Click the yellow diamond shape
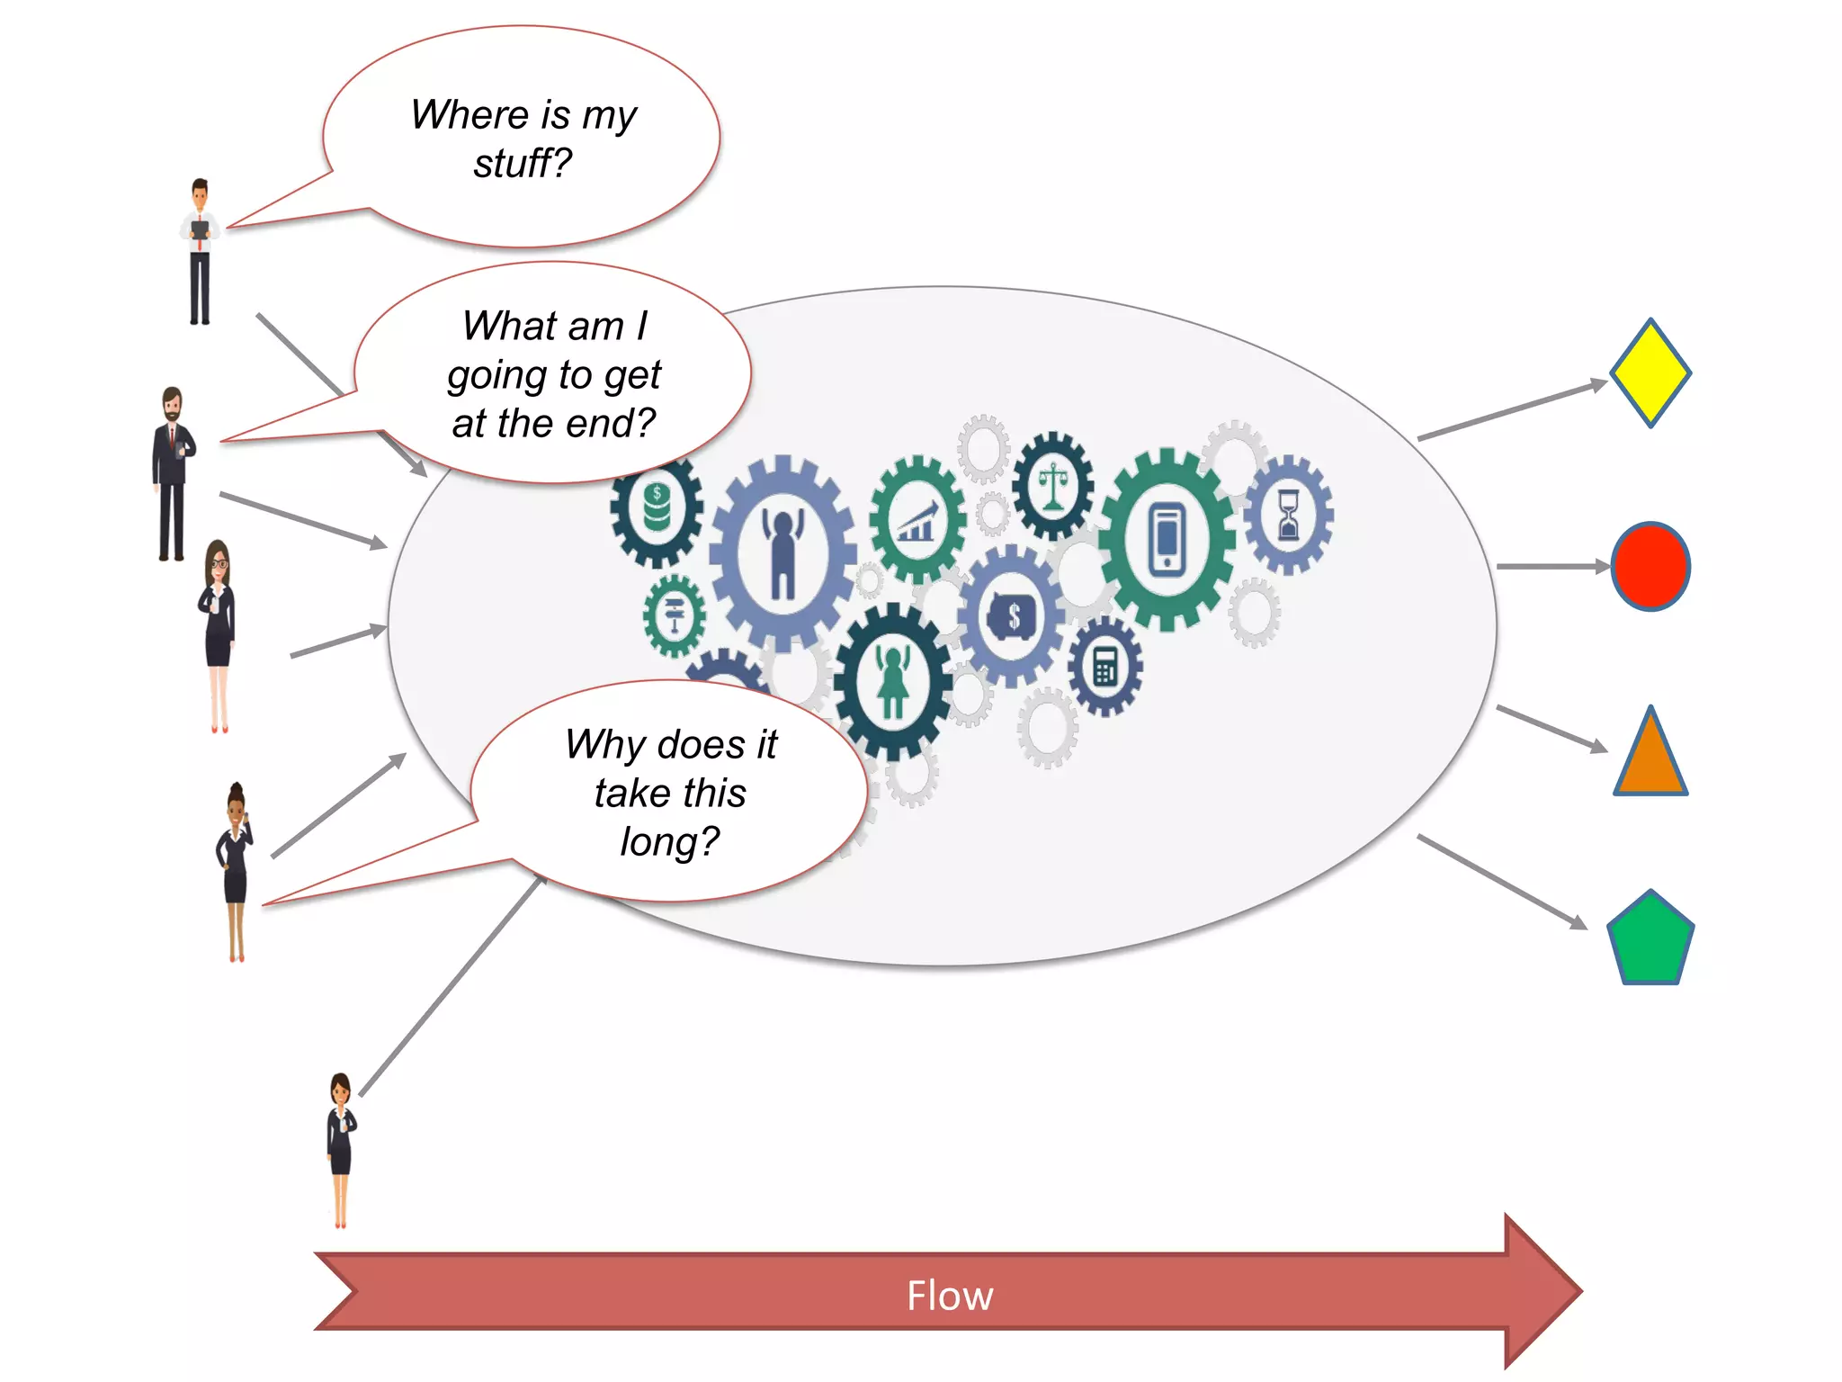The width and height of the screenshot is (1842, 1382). tap(1650, 372)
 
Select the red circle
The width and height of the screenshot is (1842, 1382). tap(1650, 567)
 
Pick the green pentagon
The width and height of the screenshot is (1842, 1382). tap(1650, 941)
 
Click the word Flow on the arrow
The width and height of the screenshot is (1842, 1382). tap(950, 1296)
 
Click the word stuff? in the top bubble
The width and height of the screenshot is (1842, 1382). tap(523, 164)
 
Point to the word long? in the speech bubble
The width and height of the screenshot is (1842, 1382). tap(669, 842)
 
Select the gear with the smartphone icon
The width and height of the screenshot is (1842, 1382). tap(1167, 540)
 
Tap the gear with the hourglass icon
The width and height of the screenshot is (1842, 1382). tap(1288, 515)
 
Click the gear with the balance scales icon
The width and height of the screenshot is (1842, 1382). tap(1052, 486)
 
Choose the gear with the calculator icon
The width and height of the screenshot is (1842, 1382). tap(1105, 667)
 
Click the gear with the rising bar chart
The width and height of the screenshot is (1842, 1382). tap(917, 520)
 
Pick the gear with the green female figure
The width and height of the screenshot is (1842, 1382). tap(892, 682)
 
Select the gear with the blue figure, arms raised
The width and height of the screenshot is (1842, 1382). tap(782, 552)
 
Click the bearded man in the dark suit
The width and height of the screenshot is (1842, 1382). tap(172, 473)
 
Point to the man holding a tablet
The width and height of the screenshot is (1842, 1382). tap(200, 252)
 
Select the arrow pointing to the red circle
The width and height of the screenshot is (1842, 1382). tap(1551, 567)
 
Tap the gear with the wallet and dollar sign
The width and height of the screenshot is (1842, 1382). tap(1012, 616)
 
